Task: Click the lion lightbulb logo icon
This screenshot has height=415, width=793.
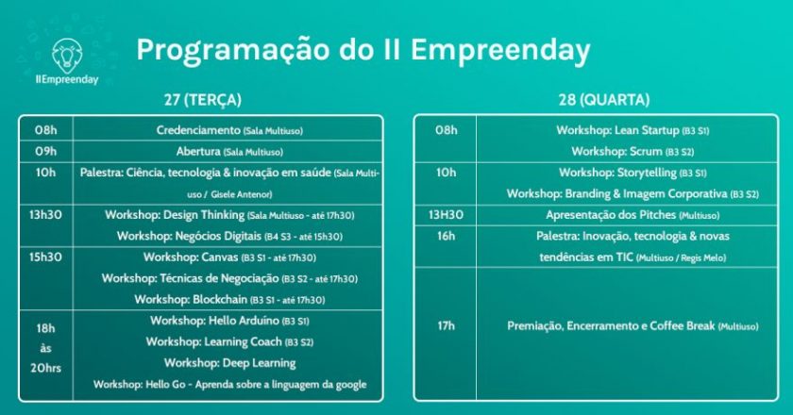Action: pos(67,56)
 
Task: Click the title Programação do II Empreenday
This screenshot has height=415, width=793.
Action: pos(363,51)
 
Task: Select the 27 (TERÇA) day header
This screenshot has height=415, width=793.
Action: pos(203,100)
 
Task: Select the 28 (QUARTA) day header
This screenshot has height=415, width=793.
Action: pos(604,100)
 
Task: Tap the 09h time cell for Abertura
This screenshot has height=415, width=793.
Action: pos(45,151)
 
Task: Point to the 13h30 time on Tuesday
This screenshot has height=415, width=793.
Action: pos(45,215)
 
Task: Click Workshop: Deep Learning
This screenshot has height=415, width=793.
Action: pos(230,363)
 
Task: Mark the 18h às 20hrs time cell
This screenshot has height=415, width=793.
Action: pos(45,348)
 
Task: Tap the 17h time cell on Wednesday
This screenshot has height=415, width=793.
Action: pos(446,326)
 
